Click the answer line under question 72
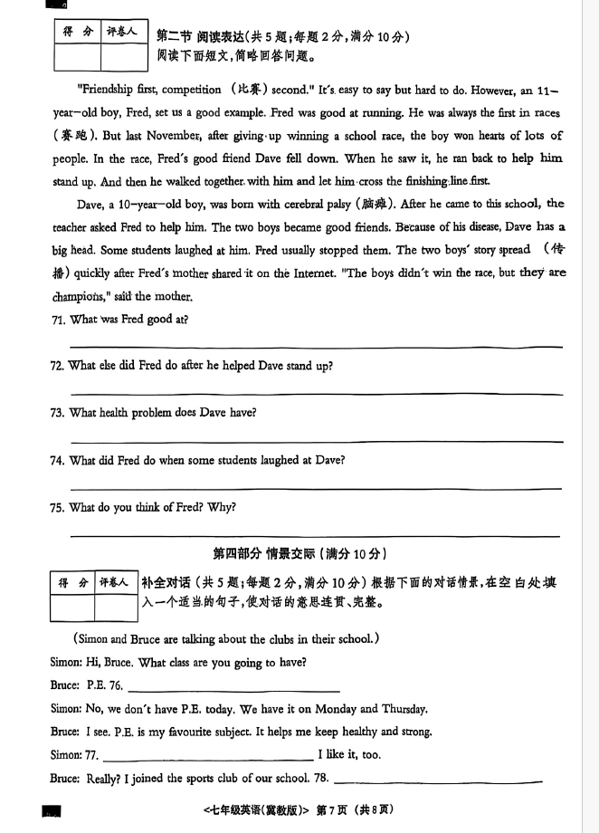(x=316, y=394)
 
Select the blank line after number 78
(x=439, y=781)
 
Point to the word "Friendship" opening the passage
(x=108, y=90)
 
